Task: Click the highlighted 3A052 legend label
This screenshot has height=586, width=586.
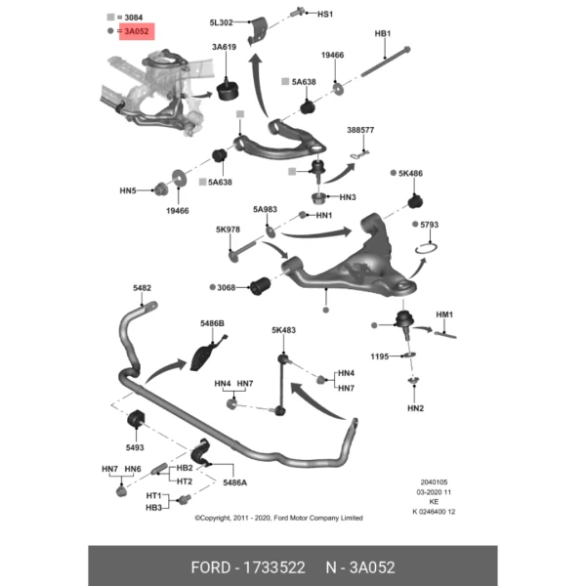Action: tap(136, 31)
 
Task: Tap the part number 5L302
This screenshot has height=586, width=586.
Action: tap(221, 22)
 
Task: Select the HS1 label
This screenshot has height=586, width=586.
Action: tap(324, 15)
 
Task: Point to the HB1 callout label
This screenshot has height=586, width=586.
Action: tap(383, 34)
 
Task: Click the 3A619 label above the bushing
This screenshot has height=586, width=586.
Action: tap(224, 47)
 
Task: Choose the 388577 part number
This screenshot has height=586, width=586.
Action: tap(360, 129)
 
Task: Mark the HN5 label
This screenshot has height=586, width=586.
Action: tap(128, 190)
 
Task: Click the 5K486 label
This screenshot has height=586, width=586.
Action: tap(409, 174)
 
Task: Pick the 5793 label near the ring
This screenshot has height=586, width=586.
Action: tap(429, 225)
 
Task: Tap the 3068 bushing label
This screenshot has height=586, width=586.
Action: tap(225, 288)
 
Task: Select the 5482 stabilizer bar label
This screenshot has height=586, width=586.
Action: tap(143, 288)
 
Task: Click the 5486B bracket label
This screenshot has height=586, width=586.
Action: tap(212, 322)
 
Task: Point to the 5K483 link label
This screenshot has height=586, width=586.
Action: tap(283, 330)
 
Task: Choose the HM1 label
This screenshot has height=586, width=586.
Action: tap(445, 314)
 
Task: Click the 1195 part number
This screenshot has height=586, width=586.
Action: tap(380, 356)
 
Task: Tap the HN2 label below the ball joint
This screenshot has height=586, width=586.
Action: tap(416, 406)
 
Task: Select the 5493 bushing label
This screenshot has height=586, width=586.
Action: tap(135, 447)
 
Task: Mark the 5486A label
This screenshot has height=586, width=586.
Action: tap(234, 482)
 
